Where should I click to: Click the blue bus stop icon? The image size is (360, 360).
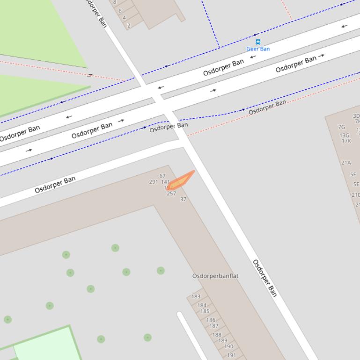pyautogui.click(x=258, y=42)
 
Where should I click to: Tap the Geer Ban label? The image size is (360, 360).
pyautogui.click(x=258, y=49)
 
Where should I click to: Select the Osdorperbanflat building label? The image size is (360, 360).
pyautogui.click(x=215, y=276)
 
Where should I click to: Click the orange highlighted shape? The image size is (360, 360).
pyautogui.click(x=181, y=180)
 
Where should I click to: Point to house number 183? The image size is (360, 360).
pyautogui.click(x=196, y=296)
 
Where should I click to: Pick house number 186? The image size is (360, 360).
pyautogui.click(x=211, y=320)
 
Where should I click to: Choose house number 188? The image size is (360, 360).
pyautogui.click(x=217, y=335)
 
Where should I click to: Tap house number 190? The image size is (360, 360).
pyautogui.click(x=228, y=346)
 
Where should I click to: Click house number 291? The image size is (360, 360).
pyautogui.click(x=154, y=182)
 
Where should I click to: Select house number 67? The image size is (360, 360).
pyautogui.click(x=162, y=176)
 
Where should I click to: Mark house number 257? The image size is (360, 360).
pyautogui.click(x=171, y=194)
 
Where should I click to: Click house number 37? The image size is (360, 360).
pyautogui.click(x=183, y=199)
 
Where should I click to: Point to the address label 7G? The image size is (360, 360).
pyautogui.click(x=342, y=127)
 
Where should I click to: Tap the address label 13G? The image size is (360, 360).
pyautogui.click(x=345, y=136)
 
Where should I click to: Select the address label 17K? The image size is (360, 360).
pyautogui.click(x=346, y=141)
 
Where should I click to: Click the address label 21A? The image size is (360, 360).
pyautogui.click(x=346, y=163)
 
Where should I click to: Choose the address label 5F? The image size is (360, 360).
pyautogui.click(x=353, y=174)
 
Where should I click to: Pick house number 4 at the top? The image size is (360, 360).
pyautogui.click(x=124, y=18)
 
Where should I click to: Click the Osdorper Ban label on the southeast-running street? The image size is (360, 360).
pyautogui.click(x=265, y=278)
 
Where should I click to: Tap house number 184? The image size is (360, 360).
pyautogui.click(x=202, y=305)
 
